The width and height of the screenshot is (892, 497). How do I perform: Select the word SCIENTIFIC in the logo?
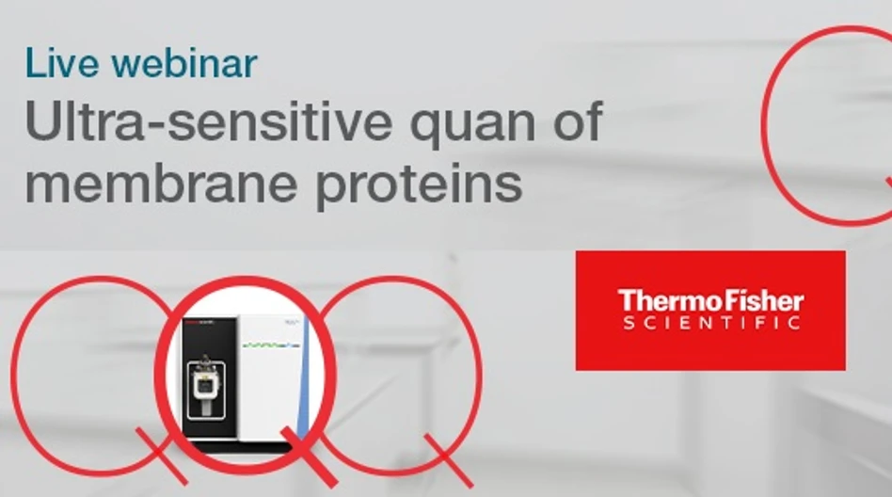(x=711, y=324)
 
